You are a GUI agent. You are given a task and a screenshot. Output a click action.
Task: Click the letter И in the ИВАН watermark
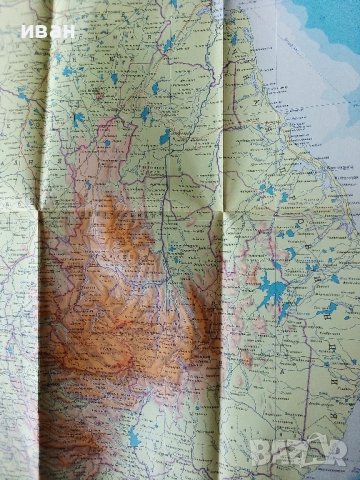pyautogui.click(x=19, y=31)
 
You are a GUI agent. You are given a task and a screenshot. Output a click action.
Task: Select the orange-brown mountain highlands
pyautogui.click(x=110, y=290)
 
